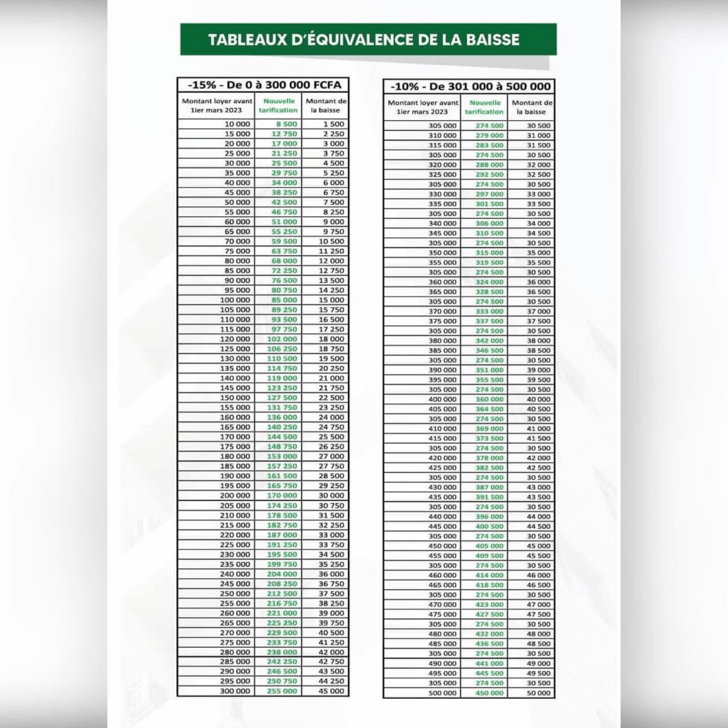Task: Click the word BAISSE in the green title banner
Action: pyautogui.click(x=488, y=39)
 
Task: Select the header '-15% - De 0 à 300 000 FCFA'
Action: pyautogui.click(x=262, y=85)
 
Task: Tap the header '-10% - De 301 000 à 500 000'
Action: pyautogui.click(x=469, y=87)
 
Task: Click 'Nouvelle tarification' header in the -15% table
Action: pyautogui.click(x=279, y=106)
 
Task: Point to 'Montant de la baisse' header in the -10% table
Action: pyautogui.click(x=531, y=107)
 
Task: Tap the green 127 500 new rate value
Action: pyautogui.click(x=282, y=397)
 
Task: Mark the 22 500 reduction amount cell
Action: pyautogui.click(x=331, y=397)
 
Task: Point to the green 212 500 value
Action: pyautogui.click(x=282, y=593)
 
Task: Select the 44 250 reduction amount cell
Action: pyautogui.click(x=331, y=681)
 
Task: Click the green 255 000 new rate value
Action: pyautogui.click(x=282, y=691)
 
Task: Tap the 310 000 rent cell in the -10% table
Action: pyautogui.click(x=442, y=135)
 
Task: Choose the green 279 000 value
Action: pyautogui.click(x=489, y=135)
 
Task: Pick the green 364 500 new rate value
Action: pyautogui.click(x=489, y=409)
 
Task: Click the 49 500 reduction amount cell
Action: pyautogui.click(x=538, y=673)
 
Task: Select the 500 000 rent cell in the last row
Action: pyautogui.click(x=442, y=692)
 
